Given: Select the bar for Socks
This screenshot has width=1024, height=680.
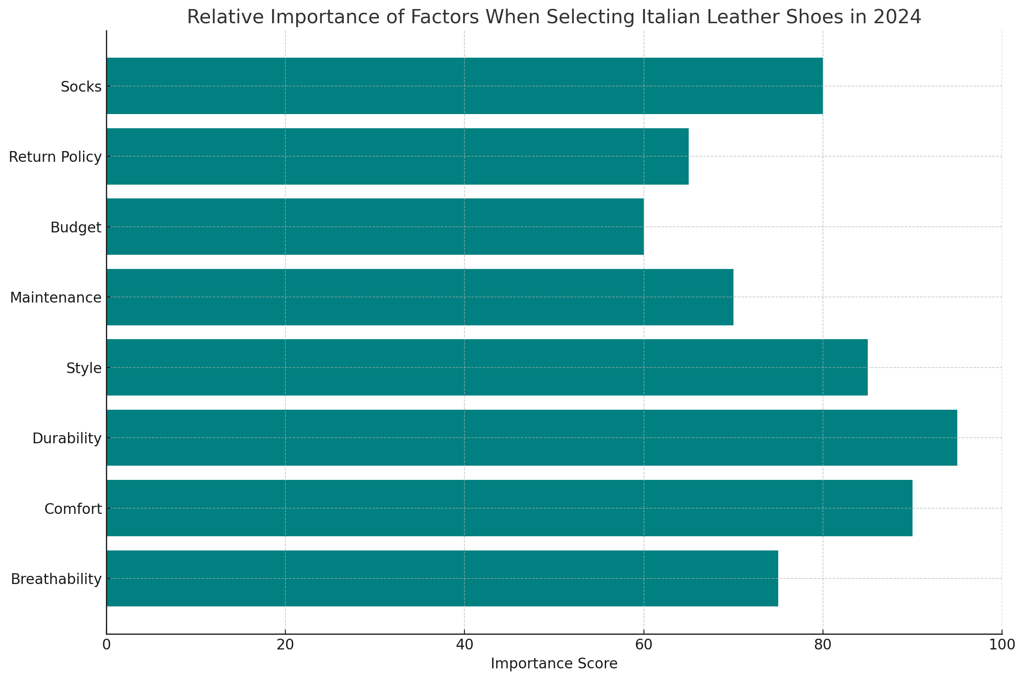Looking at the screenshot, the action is pos(464,86).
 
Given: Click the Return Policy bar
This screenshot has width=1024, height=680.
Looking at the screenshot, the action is pos(397,156).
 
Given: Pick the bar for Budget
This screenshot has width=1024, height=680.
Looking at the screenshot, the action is pos(375,226).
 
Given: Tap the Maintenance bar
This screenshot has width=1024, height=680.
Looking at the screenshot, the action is pos(420,297).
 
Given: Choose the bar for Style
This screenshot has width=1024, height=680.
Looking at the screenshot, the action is pos(487,367).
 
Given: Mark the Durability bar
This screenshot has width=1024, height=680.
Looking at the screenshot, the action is pos(532,438).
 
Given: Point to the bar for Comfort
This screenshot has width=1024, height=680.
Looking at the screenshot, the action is pos(510,508).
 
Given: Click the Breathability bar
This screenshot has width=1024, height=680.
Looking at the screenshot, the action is pos(442,578).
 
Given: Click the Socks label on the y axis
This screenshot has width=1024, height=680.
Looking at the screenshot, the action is pos(81,87).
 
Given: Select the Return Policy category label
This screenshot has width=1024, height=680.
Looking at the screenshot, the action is pos(56,157).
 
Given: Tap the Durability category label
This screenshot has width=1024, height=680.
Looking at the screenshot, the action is pos(67,439).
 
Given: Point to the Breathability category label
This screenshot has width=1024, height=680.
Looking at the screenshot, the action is pos(56,579).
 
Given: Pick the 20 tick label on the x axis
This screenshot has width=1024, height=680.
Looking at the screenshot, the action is pos(285,644).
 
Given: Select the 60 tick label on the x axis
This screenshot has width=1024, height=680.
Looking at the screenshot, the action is pos(643,644).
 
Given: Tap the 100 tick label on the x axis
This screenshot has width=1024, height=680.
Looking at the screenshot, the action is pos(1002,644).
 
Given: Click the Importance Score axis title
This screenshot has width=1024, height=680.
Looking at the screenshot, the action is pos(554,664).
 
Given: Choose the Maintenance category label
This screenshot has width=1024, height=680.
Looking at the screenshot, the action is pos(56,297).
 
